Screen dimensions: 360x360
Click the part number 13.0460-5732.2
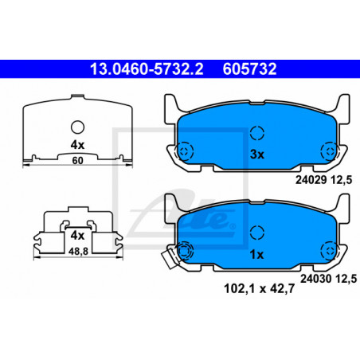[x=147, y=69]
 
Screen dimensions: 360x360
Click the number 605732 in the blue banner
[x=249, y=69]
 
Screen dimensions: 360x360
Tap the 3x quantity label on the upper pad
[x=257, y=155]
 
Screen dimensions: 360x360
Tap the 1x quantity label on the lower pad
[x=256, y=255]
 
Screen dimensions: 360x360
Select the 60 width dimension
[x=77, y=161]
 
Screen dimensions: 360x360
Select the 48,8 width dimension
[x=78, y=252]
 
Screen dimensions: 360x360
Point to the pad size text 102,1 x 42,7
[x=259, y=288]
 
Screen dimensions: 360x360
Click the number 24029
[x=311, y=180]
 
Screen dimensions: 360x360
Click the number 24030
[x=316, y=279]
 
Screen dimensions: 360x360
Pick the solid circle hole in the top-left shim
[x=77, y=127]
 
